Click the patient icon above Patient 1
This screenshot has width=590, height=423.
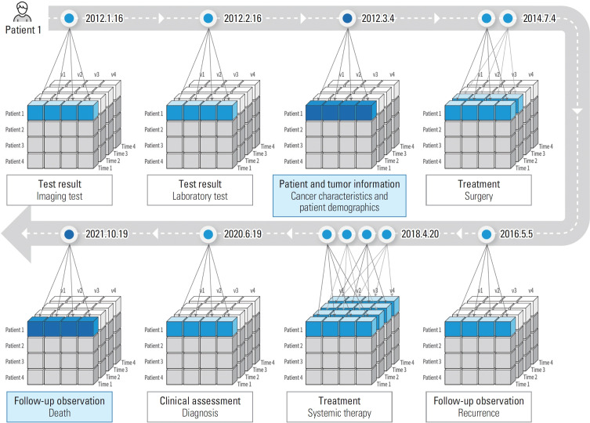[22, 12]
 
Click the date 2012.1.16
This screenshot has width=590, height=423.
[104, 18]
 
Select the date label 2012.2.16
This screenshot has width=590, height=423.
[243, 18]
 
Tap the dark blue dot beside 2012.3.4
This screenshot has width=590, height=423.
[348, 18]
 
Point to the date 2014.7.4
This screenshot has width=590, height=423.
[539, 18]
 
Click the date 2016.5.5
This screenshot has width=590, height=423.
[516, 234]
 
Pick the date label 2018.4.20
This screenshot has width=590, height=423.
[420, 234]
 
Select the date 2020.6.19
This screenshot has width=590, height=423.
[243, 234]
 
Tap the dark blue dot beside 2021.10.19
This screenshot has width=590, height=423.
[69, 234]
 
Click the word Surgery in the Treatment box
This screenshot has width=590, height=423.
[479, 197]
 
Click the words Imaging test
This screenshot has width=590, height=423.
[60, 197]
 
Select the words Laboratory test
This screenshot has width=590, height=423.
[200, 197]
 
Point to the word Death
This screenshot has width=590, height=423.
[60, 413]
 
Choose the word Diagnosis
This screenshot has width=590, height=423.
[200, 414]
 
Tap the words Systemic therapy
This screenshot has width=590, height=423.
[339, 414]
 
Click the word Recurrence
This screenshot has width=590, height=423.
[479, 413]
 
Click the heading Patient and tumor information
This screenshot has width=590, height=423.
[339, 184]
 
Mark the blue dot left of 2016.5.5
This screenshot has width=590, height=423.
[487, 234]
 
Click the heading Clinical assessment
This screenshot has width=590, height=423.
[200, 401]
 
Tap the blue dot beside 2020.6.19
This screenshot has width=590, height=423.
[208, 234]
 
